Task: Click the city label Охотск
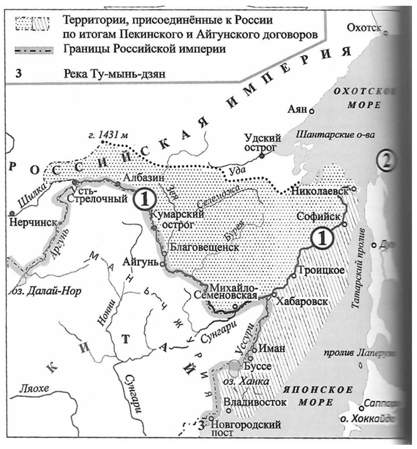tap(364, 28)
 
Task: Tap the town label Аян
tap(297, 110)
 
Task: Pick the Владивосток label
tap(255, 402)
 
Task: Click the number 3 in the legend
tap(18, 74)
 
